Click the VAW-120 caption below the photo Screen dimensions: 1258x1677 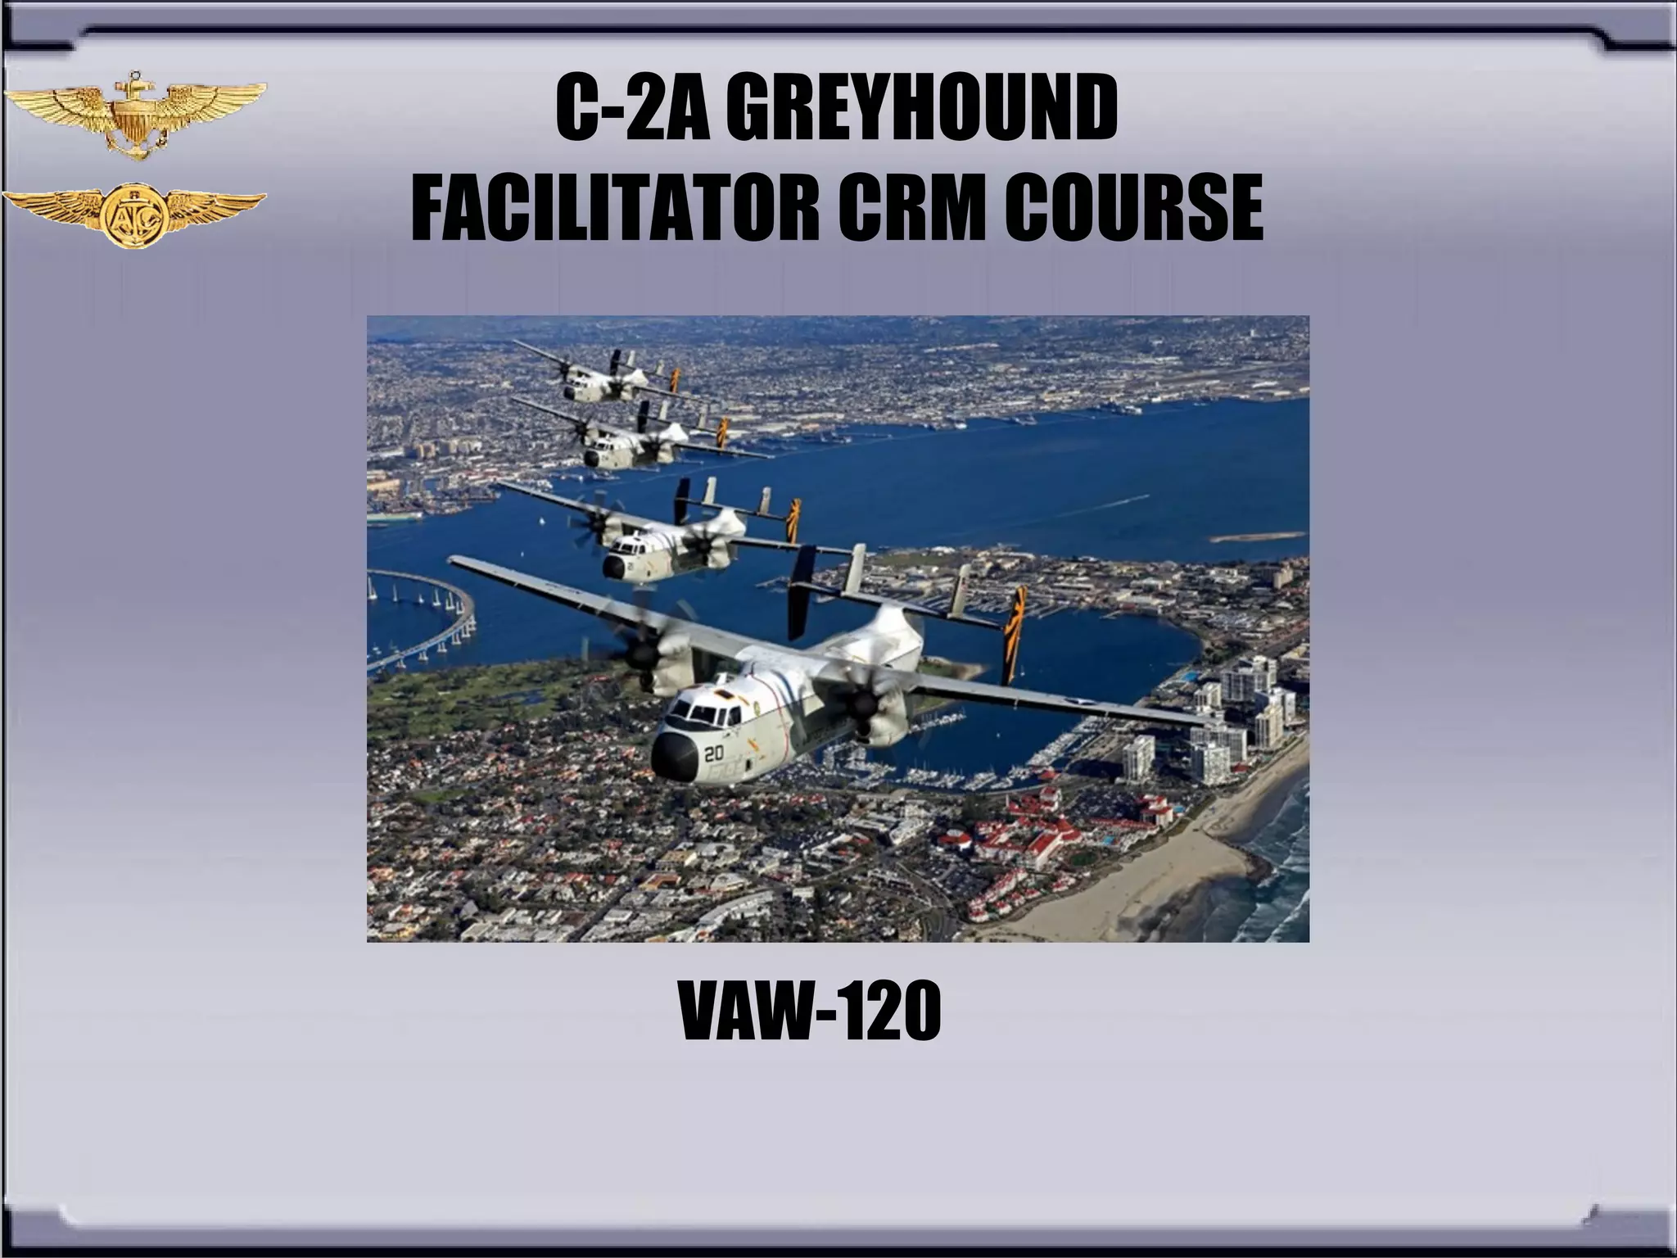pos(810,1013)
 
